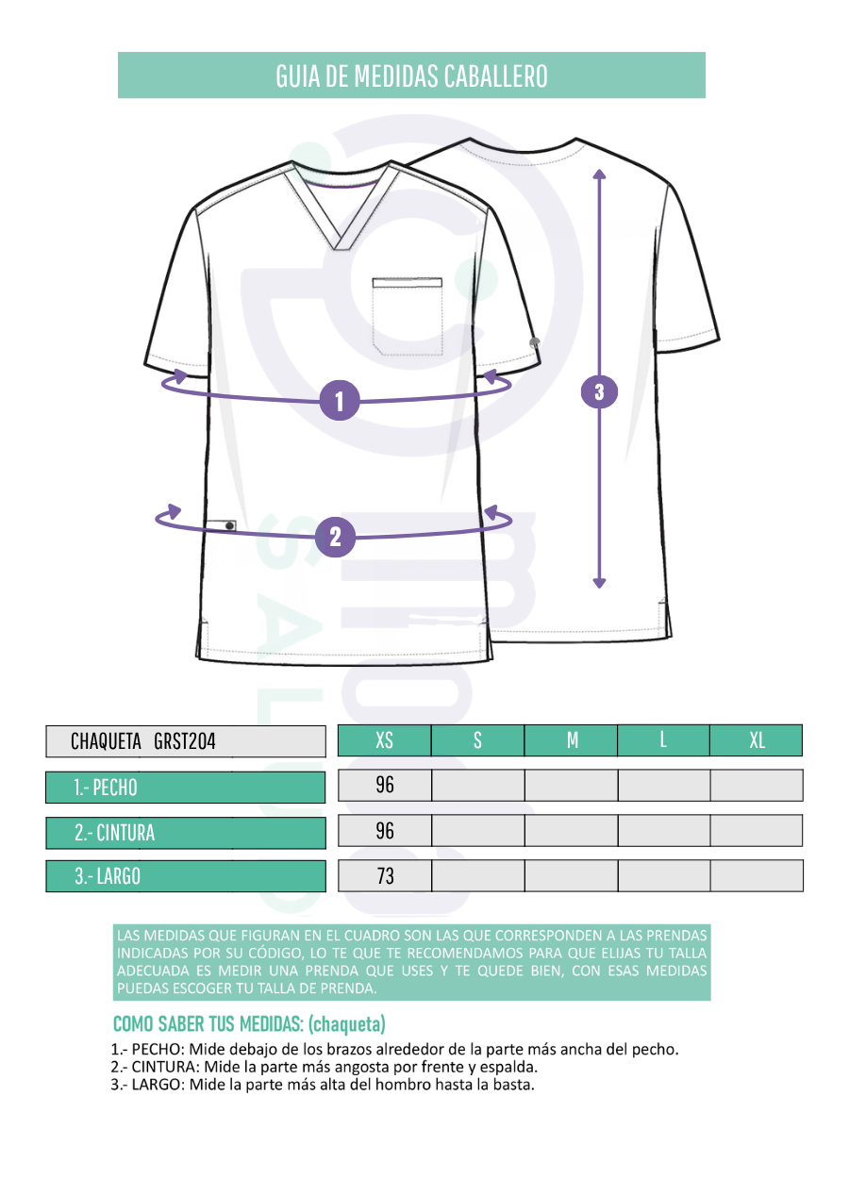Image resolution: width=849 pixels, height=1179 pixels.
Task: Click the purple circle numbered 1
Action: tap(340, 401)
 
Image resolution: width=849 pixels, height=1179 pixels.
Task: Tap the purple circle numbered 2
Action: tap(335, 537)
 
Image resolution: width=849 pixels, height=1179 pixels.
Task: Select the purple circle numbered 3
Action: tap(599, 391)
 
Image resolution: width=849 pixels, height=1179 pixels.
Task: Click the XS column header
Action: tap(384, 740)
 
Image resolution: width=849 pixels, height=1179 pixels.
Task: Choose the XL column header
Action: tap(757, 740)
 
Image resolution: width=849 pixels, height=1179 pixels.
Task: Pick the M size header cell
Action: tap(571, 740)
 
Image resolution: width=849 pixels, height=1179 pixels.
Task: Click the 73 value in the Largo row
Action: tap(385, 876)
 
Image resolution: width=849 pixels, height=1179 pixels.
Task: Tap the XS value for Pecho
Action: tap(385, 785)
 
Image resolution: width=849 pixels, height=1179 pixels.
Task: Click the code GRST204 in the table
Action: tap(185, 741)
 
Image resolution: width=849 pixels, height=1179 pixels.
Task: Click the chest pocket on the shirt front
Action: tap(407, 315)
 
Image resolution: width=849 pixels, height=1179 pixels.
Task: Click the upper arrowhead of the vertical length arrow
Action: tap(599, 174)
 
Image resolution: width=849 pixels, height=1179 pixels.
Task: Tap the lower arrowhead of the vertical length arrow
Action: tap(599, 583)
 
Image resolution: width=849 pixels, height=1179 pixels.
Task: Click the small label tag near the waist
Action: tap(221, 524)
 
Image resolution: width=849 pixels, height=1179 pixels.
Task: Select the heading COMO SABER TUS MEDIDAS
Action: tap(208, 1023)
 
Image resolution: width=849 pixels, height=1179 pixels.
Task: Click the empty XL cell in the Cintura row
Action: tap(757, 831)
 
